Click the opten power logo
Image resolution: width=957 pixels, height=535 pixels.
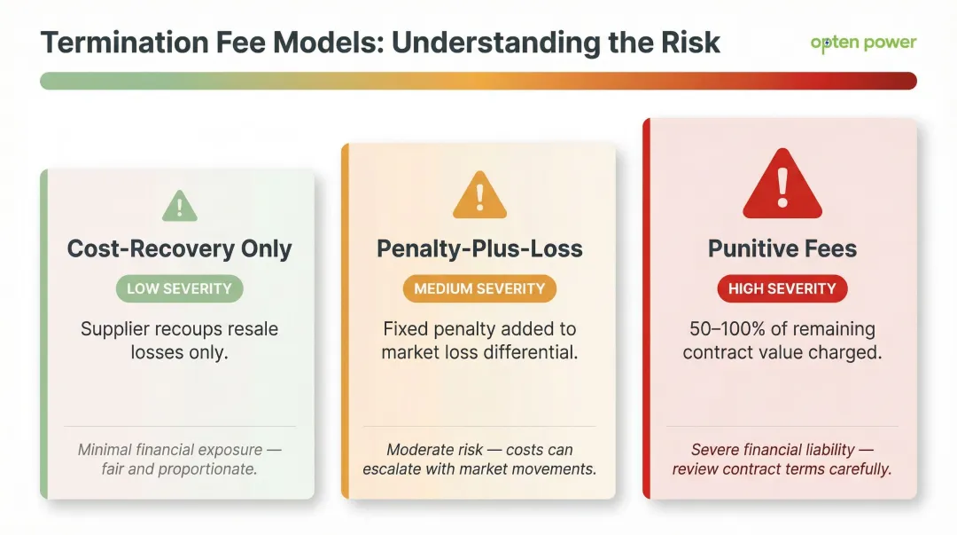[863, 43]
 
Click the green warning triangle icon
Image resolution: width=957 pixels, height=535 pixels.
[180, 207]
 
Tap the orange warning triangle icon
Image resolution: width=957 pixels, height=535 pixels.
[479, 195]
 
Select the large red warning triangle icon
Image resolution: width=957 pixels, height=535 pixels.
[782, 184]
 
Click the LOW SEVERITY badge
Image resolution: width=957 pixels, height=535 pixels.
[179, 288]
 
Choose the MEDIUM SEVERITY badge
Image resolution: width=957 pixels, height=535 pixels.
[479, 288]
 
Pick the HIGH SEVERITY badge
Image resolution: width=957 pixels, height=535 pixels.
[782, 288]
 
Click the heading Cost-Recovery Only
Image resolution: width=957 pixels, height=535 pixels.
[179, 249]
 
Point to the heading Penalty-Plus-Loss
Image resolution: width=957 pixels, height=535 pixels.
[479, 249]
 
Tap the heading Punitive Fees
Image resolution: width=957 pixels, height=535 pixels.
[782, 249]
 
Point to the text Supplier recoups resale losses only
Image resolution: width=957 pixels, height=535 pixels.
[179, 340]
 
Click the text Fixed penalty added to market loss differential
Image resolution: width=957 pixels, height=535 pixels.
[479, 340]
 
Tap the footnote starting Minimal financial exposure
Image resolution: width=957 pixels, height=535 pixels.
[179, 459]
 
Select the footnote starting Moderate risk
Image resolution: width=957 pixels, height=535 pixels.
[479, 459]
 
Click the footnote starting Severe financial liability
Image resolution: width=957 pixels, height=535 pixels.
[782, 459]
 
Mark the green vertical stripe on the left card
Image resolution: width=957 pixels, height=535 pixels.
[43, 334]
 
